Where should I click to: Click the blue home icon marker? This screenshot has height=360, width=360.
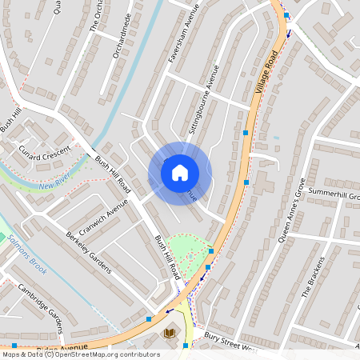(180, 173)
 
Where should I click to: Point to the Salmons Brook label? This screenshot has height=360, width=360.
(26, 254)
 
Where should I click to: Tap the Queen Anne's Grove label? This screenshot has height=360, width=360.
(292, 210)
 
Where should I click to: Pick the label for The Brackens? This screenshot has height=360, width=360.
(314, 277)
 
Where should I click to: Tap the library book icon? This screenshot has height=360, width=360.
(169, 332)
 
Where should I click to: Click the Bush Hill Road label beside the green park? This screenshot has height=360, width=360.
(166, 256)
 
